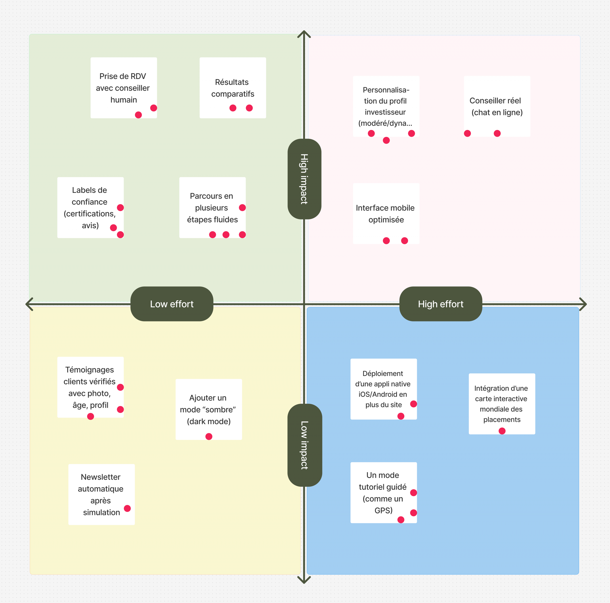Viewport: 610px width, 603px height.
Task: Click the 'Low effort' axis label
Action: click(x=172, y=304)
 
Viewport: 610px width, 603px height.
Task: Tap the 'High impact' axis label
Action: click(x=304, y=179)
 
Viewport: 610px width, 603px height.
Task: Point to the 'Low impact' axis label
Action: click(x=304, y=445)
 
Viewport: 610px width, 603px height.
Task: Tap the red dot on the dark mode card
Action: click(x=209, y=436)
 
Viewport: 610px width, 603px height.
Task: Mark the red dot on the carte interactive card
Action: click(x=502, y=431)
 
